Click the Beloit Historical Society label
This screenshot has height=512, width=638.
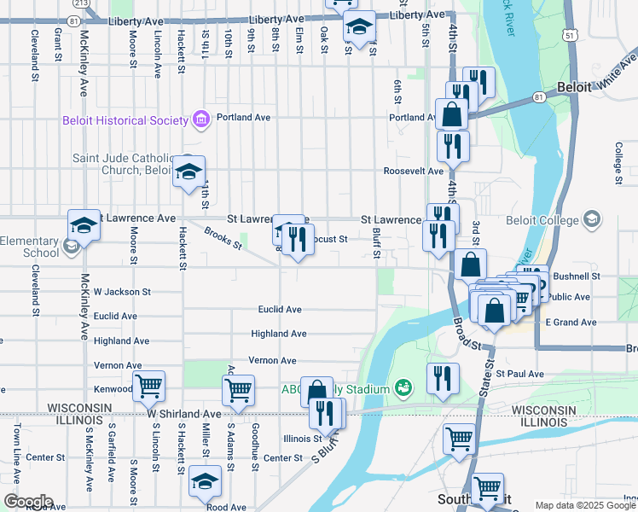tap(125, 120)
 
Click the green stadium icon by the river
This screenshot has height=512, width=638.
tap(404, 389)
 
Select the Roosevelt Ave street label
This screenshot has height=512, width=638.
tap(414, 171)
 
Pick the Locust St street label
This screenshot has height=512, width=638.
tap(330, 240)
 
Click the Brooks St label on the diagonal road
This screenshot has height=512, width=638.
tap(223, 236)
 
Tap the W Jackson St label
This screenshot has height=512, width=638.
tap(122, 292)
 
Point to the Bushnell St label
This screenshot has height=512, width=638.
tap(577, 276)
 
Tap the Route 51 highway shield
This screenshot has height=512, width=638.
tap(568, 32)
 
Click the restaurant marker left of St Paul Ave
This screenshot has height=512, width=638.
tap(443, 378)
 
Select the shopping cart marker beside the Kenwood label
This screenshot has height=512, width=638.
tap(149, 386)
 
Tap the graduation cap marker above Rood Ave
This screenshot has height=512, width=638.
tap(205, 481)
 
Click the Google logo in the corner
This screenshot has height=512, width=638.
tap(28, 501)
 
